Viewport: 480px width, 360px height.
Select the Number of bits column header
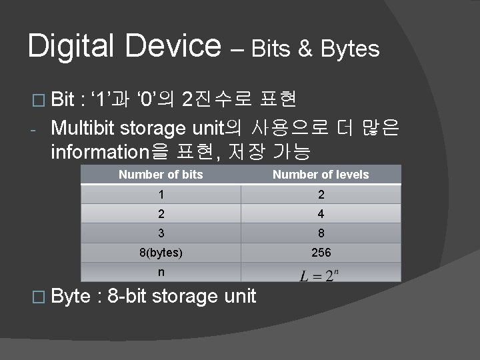click(x=161, y=175)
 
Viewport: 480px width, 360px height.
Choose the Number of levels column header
click(x=320, y=175)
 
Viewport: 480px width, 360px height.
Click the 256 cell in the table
click(x=320, y=253)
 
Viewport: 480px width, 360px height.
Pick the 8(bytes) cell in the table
click(x=161, y=253)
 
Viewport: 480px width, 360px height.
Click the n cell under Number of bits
click(x=161, y=273)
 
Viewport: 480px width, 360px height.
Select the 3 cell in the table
click(x=161, y=233)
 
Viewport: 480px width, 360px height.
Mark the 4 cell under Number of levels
click(x=320, y=214)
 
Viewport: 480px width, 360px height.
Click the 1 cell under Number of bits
click(x=161, y=195)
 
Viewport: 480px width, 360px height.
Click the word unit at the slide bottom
click(x=239, y=296)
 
